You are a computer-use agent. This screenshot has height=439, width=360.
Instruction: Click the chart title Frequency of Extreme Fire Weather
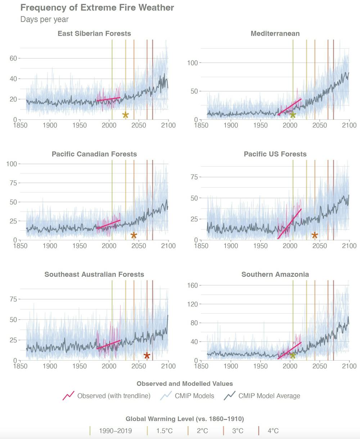tap(97, 8)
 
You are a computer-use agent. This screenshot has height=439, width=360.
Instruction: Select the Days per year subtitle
tap(44, 19)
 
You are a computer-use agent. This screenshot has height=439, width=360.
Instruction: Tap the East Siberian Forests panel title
tap(94, 33)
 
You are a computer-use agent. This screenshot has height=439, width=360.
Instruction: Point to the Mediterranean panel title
tap(275, 33)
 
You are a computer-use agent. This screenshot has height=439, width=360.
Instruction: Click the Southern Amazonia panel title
tap(275, 274)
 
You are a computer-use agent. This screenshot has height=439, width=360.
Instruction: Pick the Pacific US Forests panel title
tap(275, 154)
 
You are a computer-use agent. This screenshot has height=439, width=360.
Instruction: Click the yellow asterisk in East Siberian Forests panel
tap(125, 115)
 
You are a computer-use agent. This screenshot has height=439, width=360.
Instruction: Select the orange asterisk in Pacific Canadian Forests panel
tap(134, 235)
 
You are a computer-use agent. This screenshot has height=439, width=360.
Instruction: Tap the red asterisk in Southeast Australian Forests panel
tap(147, 356)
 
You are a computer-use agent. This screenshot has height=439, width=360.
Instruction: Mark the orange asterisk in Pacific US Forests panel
tap(315, 235)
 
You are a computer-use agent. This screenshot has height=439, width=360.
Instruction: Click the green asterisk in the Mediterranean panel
tap(293, 115)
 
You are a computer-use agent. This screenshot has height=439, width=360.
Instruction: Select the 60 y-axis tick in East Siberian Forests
tap(13, 58)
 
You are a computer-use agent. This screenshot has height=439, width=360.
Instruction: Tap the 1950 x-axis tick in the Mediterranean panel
tap(260, 125)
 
